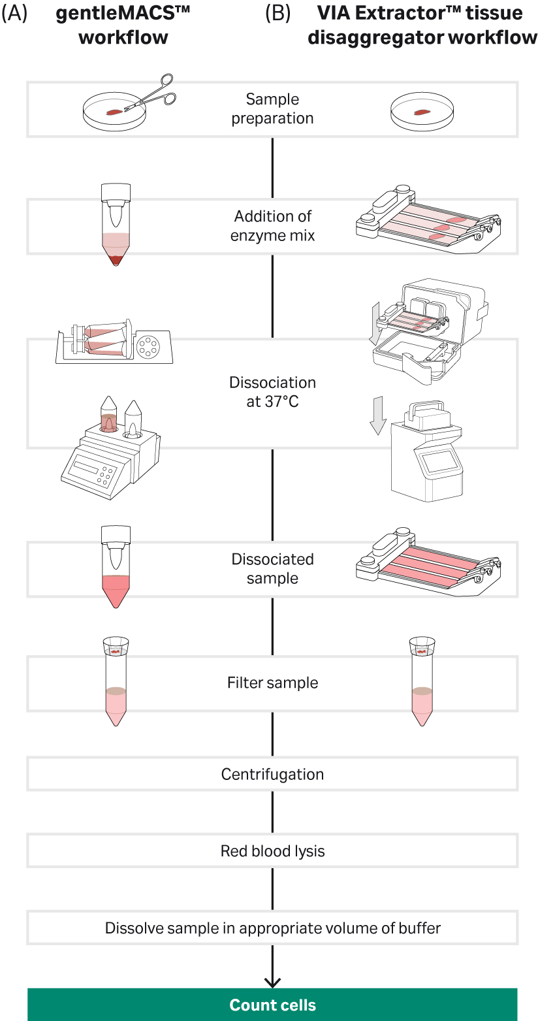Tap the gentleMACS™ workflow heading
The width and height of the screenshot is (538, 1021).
[123, 25]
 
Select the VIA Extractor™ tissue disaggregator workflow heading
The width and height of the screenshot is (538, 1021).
[422, 25]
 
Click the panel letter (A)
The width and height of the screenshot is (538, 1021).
[14, 14]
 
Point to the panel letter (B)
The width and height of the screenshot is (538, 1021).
[278, 14]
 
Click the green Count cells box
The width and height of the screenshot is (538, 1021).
[272, 1005]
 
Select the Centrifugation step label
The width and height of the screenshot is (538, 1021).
[272, 774]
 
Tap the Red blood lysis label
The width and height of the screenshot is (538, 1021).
[272, 851]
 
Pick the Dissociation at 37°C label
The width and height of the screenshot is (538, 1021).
[272, 392]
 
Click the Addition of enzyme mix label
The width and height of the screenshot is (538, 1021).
[272, 225]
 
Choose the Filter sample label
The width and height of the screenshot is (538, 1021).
[272, 683]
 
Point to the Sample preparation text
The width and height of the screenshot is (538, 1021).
[272, 109]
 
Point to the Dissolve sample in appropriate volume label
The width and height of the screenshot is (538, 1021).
[272, 928]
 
